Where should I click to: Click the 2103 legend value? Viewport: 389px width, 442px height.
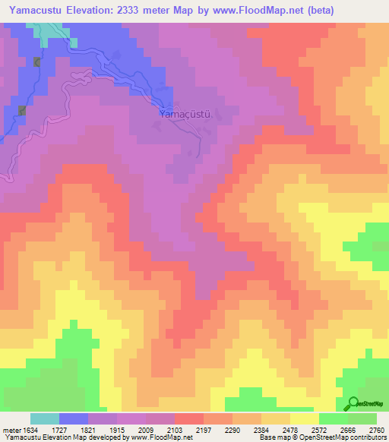[x=160, y=430]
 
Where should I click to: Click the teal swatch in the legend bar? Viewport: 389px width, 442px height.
[x=45, y=418]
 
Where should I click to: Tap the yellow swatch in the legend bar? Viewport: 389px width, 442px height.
[x=305, y=418]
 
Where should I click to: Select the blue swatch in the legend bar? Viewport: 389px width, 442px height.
[x=74, y=418]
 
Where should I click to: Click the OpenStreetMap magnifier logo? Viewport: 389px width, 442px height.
[x=353, y=404]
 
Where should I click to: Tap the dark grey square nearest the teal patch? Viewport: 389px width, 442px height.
[x=36, y=62]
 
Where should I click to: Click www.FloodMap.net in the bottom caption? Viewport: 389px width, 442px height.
[x=164, y=437]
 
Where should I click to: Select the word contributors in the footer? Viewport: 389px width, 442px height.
[x=368, y=437]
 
